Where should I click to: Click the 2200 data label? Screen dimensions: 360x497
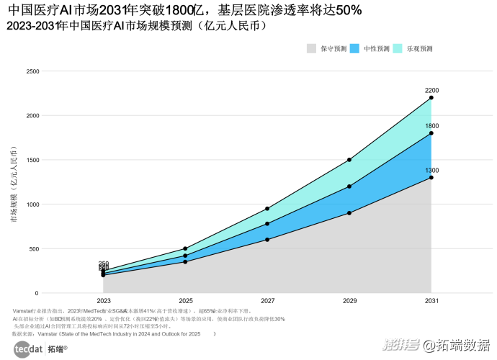pyautogui.click(x=432, y=90)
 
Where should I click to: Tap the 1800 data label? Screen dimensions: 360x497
pyautogui.click(x=432, y=126)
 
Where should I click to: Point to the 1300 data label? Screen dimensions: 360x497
pyautogui.click(x=432, y=170)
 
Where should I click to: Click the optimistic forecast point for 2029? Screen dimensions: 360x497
pyautogui.click(x=349, y=160)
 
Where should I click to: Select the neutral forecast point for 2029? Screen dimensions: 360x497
pyautogui.click(x=349, y=186)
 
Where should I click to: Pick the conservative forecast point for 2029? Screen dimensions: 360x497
pyautogui.click(x=349, y=213)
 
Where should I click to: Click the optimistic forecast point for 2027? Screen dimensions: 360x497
pyautogui.click(x=267, y=209)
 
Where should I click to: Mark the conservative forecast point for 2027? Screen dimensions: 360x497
pyautogui.click(x=267, y=240)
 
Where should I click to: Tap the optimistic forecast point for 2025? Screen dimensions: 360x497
pyautogui.click(x=185, y=248)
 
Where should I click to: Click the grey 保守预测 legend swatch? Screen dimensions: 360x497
pyautogui.click(x=311, y=48)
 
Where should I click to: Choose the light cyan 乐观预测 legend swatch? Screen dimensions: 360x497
pyautogui.click(x=398, y=48)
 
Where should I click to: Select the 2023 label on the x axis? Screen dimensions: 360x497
pyautogui.click(x=103, y=300)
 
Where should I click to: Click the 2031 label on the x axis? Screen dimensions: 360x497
pyautogui.click(x=431, y=300)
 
